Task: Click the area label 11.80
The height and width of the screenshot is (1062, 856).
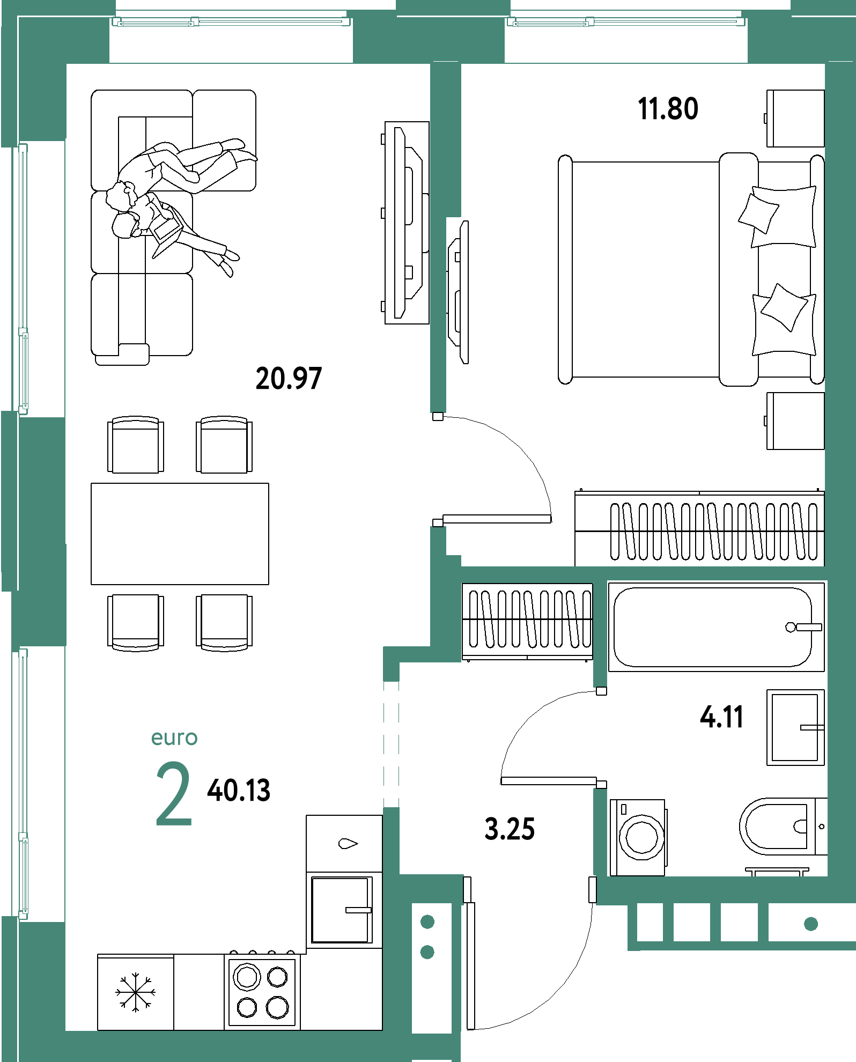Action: click(x=668, y=109)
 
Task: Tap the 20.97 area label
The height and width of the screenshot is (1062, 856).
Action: click(x=289, y=379)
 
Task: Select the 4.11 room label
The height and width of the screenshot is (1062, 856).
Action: click(x=721, y=717)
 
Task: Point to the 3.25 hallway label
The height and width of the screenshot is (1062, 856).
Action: click(x=510, y=829)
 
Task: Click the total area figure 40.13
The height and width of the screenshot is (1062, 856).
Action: click(x=239, y=791)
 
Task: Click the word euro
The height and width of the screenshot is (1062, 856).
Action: click(x=174, y=738)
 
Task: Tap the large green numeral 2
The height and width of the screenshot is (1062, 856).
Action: click(x=173, y=794)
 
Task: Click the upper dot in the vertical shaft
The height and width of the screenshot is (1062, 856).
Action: click(x=427, y=923)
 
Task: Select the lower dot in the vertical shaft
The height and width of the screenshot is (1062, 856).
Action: click(x=427, y=953)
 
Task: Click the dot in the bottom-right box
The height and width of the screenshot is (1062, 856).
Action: click(x=811, y=924)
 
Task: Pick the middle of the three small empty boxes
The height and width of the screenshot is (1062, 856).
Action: click(x=692, y=923)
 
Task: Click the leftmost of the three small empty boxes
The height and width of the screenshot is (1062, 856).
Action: click(x=650, y=923)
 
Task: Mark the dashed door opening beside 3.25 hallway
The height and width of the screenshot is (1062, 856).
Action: click(x=392, y=744)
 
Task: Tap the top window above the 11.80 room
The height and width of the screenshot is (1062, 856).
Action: click(x=626, y=22)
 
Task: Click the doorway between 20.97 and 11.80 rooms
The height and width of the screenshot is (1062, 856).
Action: click(x=439, y=470)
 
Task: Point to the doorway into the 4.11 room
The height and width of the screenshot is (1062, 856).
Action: click(x=600, y=738)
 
